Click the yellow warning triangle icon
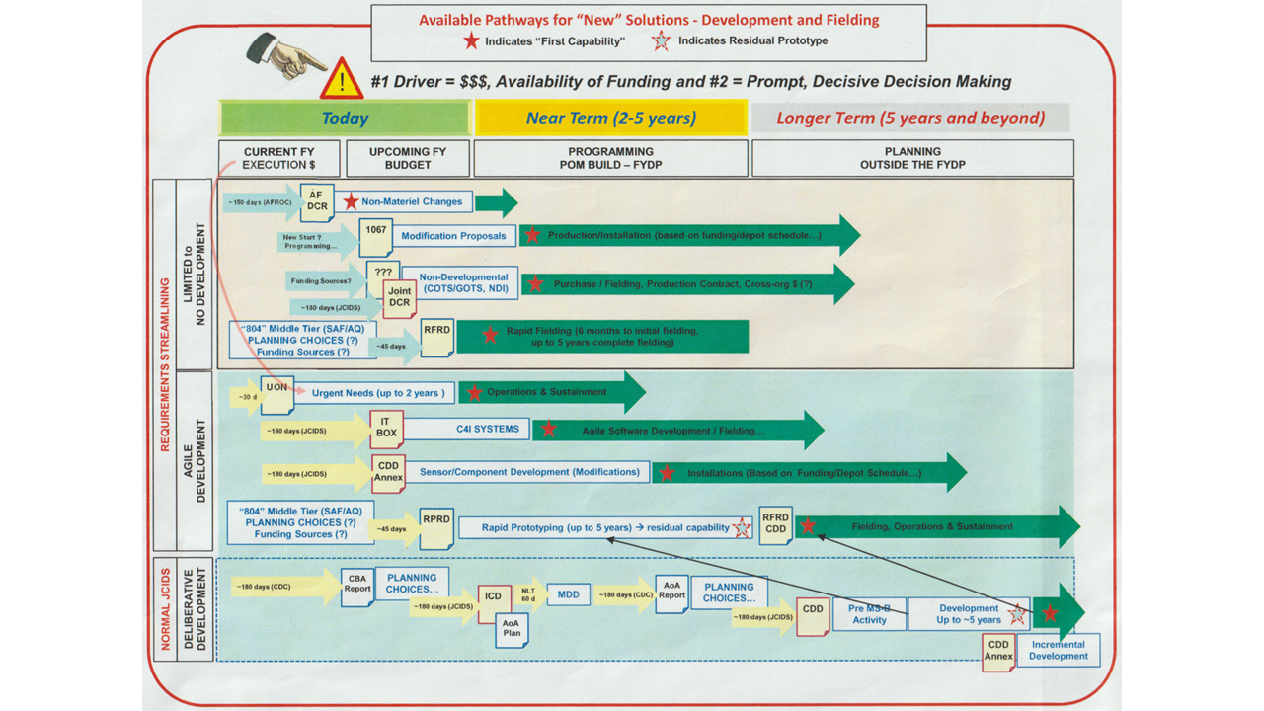[341, 79]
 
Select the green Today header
[345, 118]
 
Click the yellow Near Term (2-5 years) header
[610, 118]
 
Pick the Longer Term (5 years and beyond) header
[909, 118]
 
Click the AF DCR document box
[317, 202]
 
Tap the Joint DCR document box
[399, 297]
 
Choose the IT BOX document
[386, 429]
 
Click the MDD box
[568, 594]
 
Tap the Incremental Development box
[1058, 650]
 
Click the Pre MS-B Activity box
[869, 614]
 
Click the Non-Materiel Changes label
[412, 201]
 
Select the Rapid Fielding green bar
[602, 336]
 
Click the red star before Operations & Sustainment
[474, 392]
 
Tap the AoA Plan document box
[511, 629]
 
